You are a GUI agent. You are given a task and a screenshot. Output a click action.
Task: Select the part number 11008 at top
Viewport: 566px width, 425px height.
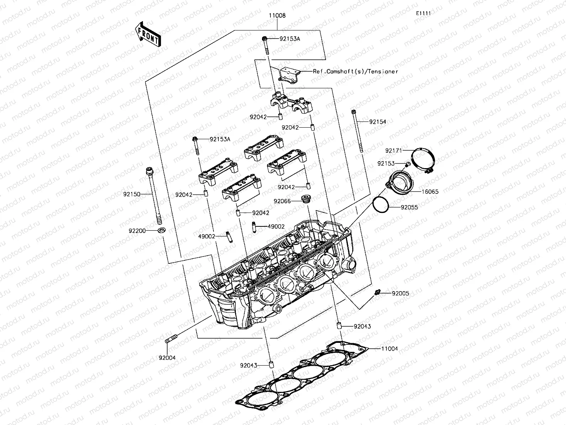pos(277,16)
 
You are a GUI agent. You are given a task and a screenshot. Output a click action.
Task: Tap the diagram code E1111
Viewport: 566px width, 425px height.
pos(423,13)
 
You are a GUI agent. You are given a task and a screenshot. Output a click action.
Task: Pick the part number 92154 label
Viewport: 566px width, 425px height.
pos(377,121)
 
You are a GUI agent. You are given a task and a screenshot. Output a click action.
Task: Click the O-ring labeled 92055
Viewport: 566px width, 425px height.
pos(381,204)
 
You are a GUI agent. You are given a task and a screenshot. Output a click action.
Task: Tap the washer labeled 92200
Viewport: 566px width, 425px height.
pos(161,231)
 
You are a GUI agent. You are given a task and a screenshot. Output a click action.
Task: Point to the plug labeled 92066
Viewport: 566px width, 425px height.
pos(306,199)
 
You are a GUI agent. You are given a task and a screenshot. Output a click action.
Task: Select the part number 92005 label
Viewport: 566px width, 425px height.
pos(400,293)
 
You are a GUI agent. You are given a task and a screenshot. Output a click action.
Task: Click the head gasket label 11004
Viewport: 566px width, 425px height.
pos(390,349)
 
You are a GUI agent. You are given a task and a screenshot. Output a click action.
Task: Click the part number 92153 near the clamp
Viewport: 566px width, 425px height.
pos(386,164)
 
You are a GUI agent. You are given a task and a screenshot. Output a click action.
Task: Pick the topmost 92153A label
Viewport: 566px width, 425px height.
pos(290,39)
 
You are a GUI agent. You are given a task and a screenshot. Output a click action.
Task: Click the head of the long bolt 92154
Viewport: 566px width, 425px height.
pos(353,112)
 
